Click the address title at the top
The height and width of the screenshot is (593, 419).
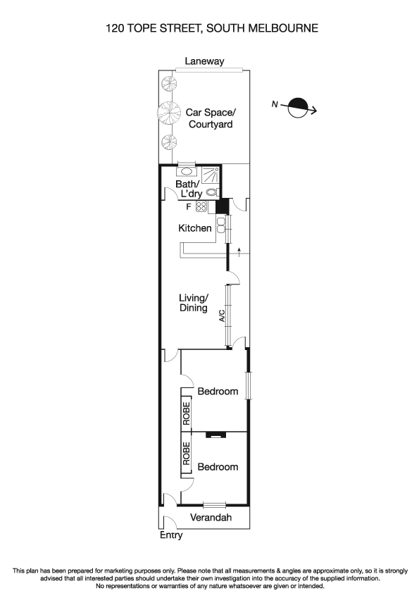pos(209,29)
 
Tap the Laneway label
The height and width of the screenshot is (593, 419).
pos(204,61)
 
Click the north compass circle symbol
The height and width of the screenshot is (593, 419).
pos(299,108)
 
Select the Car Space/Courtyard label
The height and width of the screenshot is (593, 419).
pos(209,118)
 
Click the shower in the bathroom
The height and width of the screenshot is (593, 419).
pos(210,175)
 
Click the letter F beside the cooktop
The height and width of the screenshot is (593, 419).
pos(188,206)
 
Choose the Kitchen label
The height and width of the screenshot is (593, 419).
pos(195,228)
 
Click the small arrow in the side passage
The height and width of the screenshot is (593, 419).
pos(239,252)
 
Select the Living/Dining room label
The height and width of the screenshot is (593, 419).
pos(193,303)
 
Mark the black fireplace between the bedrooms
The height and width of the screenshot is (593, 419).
pos(212,435)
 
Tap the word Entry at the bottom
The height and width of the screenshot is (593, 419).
pos(170,535)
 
